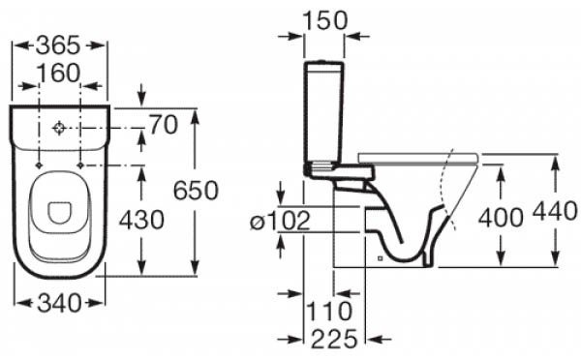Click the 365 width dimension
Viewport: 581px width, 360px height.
tap(59, 45)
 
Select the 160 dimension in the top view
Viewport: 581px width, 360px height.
tap(59, 75)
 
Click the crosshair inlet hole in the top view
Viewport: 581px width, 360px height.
tap(59, 128)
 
